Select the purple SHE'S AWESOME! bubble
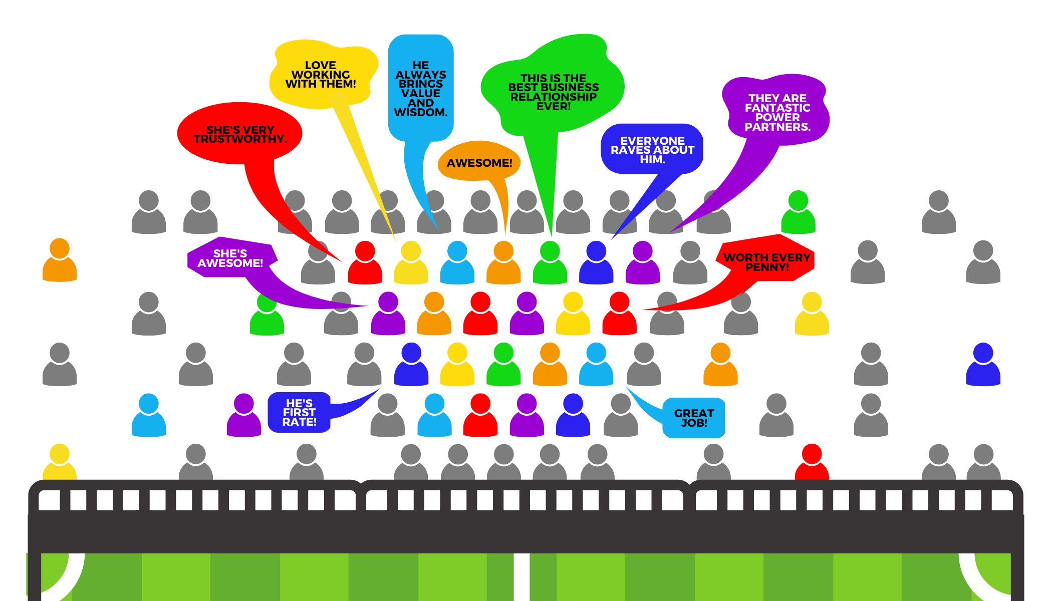230,258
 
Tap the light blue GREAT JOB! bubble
694,418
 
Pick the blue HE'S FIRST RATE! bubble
299,412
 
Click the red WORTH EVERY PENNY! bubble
766,261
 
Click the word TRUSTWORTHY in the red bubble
240,139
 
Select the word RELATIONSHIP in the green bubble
553,97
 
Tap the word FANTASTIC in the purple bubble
777,108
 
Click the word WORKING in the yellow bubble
321,75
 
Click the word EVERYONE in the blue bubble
652,141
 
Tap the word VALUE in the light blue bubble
420,94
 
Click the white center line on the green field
521,576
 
